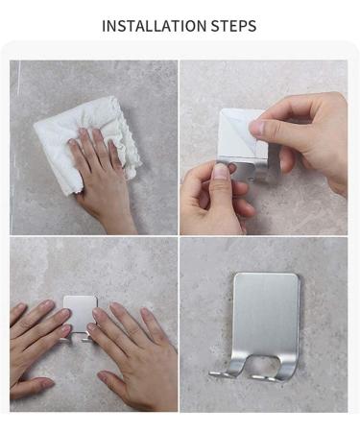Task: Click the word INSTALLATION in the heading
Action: tap(155, 26)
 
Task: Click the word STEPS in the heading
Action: tap(233, 26)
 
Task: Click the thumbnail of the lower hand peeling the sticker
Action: tap(222, 172)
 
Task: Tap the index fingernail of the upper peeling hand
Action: tap(257, 128)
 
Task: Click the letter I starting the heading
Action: tap(104, 26)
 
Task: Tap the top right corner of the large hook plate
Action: tap(298, 276)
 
